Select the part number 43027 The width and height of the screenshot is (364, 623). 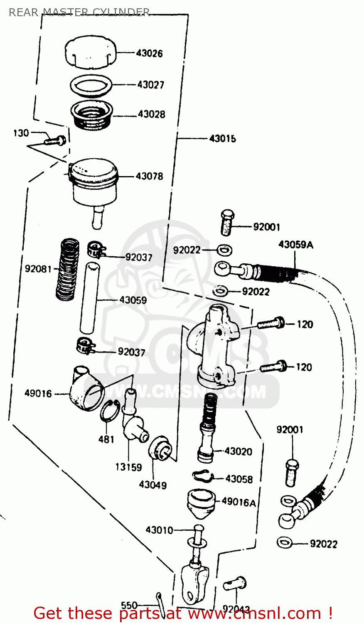(x=151, y=85)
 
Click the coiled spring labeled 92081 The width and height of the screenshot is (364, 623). (x=68, y=269)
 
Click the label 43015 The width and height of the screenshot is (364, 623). (x=222, y=138)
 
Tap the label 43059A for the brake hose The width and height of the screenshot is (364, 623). (x=295, y=244)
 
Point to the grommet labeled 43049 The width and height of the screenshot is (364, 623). (x=160, y=449)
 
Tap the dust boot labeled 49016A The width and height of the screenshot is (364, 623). (x=201, y=503)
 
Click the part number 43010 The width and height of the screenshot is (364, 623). (x=159, y=530)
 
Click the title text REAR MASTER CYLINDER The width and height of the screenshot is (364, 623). (x=79, y=12)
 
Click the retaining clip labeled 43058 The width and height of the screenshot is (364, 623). (x=202, y=476)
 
